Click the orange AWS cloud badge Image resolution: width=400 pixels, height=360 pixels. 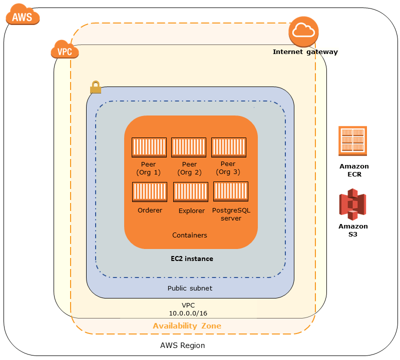point(22,16)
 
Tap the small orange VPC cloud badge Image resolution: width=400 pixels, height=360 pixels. point(62,50)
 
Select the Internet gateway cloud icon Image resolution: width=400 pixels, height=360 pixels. point(303,31)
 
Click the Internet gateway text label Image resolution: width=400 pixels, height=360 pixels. point(305,51)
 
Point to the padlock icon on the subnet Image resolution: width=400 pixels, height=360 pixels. point(95,88)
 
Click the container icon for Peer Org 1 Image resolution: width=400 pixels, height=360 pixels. point(149,148)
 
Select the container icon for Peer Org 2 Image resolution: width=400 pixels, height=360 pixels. point(189,148)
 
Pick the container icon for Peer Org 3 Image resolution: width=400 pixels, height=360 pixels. point(228,148)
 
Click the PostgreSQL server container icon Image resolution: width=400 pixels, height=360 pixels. point(231,192)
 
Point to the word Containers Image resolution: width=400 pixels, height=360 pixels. point(190,235)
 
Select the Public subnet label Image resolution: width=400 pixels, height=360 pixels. point(190,288)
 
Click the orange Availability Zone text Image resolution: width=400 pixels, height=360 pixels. point(187,326)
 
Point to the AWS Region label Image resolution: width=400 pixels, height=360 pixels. point(182,345)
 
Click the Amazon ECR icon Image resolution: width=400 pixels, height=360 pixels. point(353,139)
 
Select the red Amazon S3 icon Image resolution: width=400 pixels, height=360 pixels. point(352,204)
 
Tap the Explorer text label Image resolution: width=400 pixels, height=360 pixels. point(191,211)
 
